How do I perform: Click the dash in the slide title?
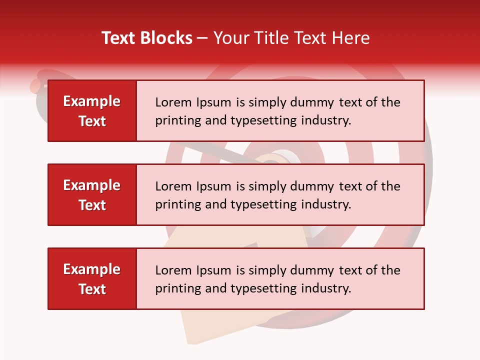point(202,38)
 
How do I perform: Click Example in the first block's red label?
point(92,101)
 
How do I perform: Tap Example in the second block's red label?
point(92,185)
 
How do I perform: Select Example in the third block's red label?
point(92,269)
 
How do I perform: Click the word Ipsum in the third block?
point(214,270)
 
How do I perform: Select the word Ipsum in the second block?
point(214,186)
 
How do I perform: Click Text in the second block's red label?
point(92,205)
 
